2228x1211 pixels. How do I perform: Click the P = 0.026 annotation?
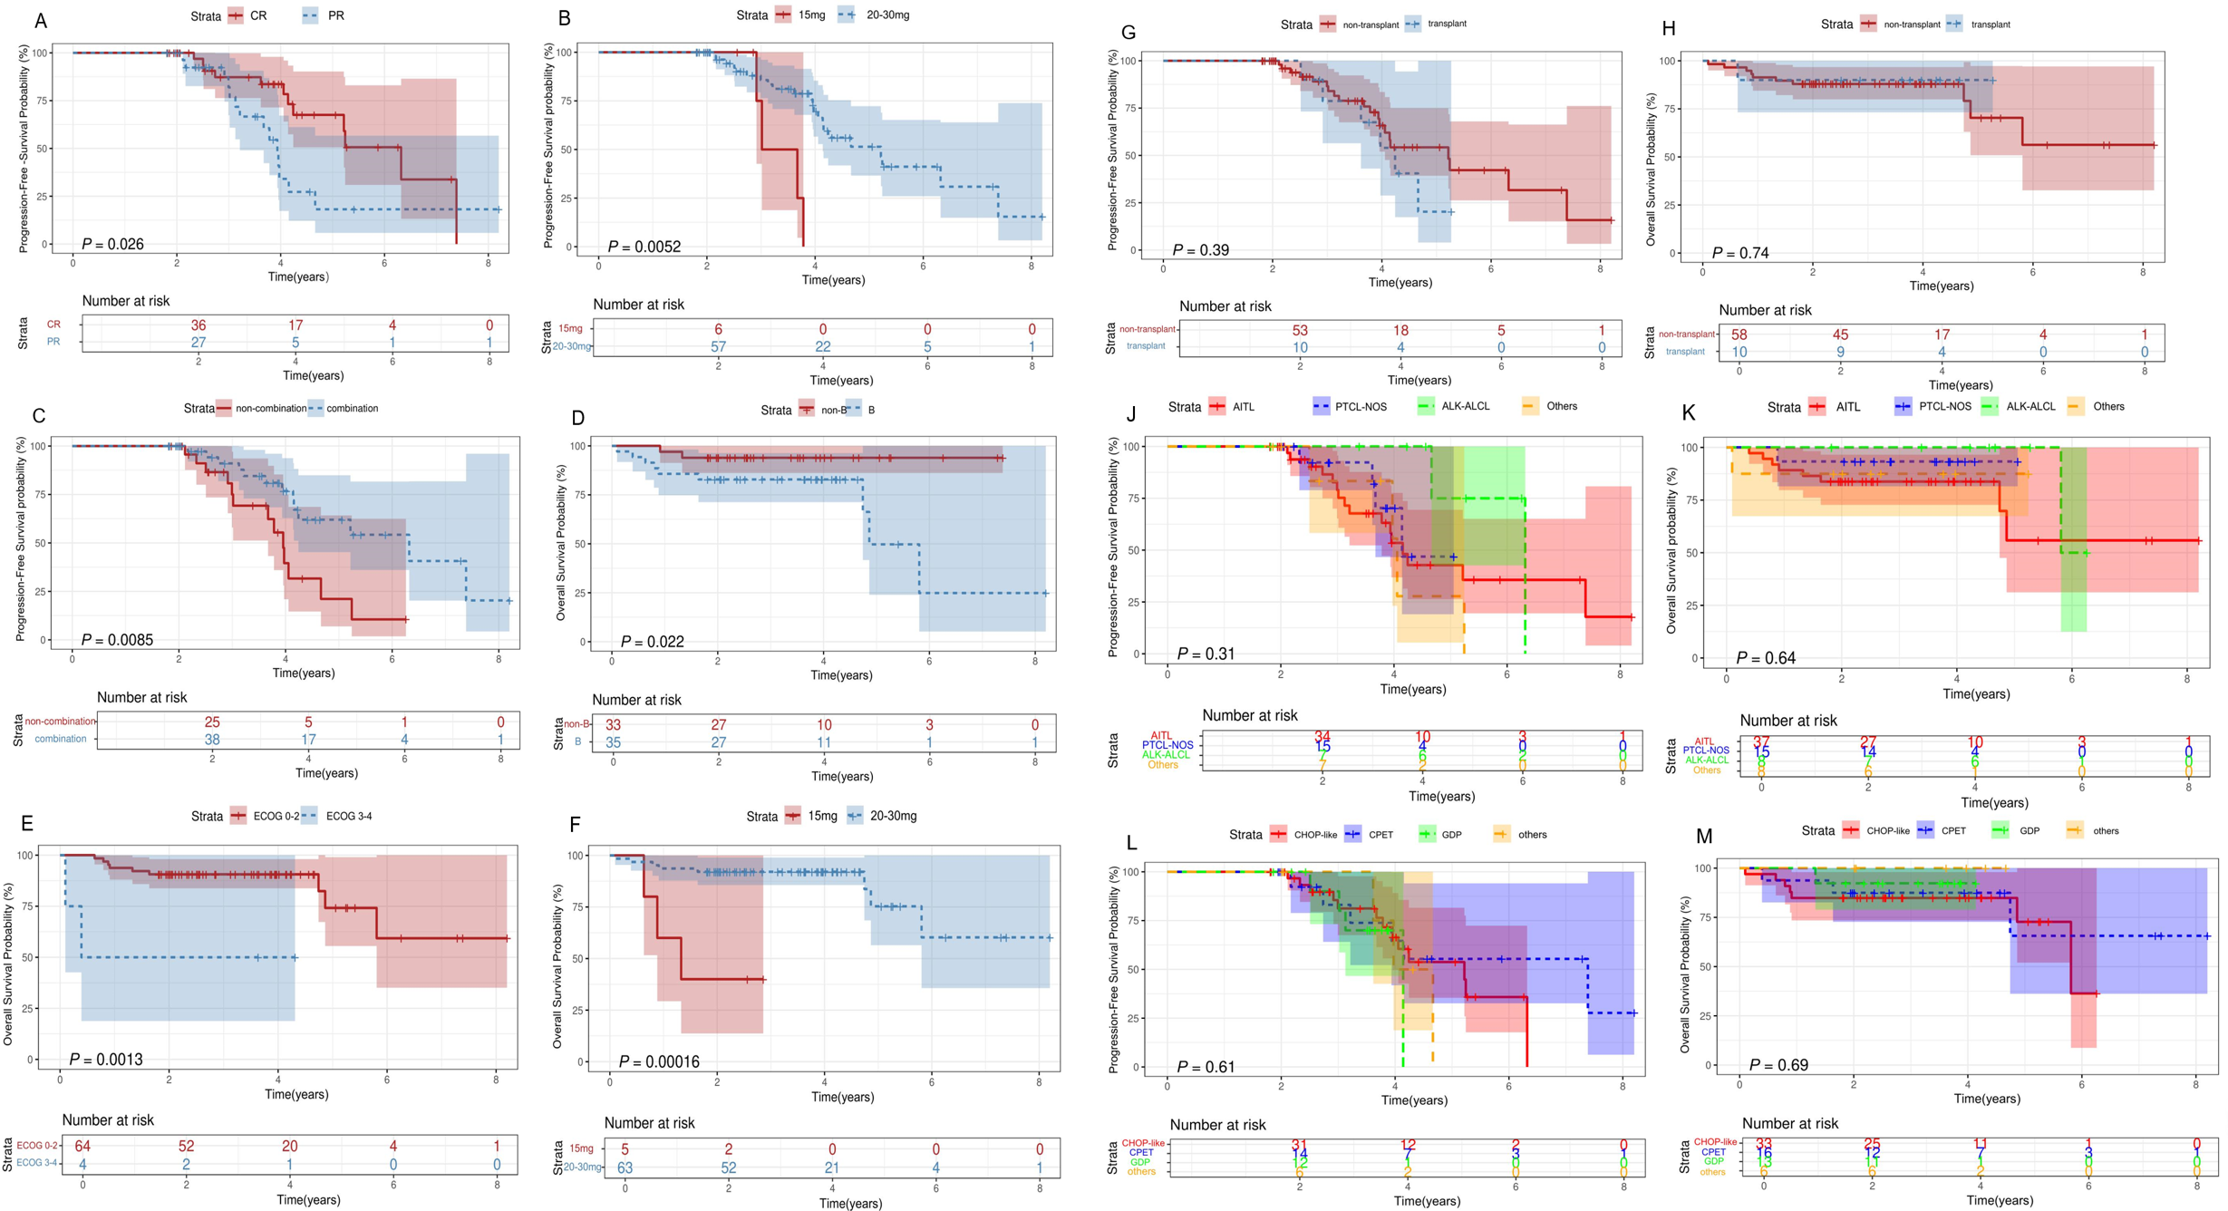112,244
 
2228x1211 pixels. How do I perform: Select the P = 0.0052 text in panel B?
644,247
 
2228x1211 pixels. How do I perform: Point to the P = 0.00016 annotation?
659,1061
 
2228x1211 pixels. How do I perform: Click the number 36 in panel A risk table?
199,325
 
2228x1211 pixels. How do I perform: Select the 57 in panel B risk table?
719,346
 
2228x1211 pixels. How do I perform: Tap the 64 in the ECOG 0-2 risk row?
82,1146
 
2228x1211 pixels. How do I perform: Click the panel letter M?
1704,836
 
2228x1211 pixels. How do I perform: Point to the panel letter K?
1689,413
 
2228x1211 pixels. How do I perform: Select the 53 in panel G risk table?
1300,330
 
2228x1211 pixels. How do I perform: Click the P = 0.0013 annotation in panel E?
106,1059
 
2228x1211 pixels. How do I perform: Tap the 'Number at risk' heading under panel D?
636,700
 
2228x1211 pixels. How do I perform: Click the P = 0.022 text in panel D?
652,642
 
